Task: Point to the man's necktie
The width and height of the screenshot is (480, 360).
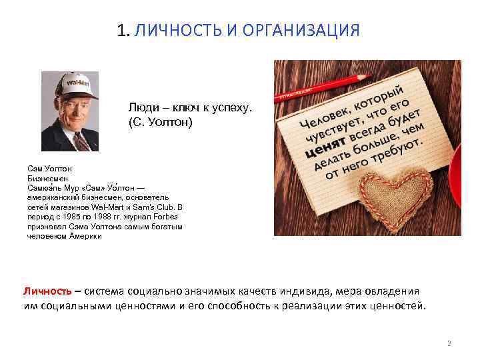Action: pyautogui.click(x=81, y=141)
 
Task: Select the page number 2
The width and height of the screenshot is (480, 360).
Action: pyautogui.click(x=449, y=343)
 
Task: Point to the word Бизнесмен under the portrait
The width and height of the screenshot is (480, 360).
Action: pyautogui.click(x=43, y=179)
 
